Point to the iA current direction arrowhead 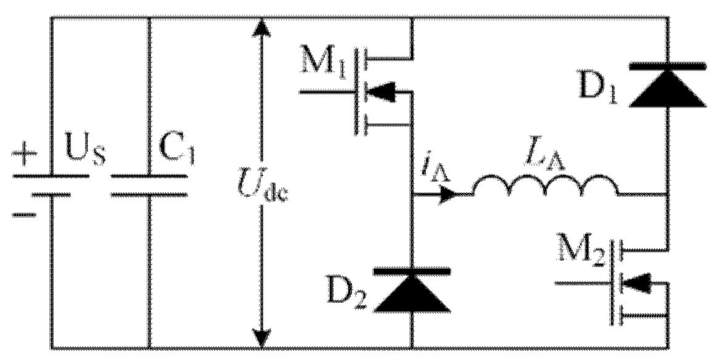click(x=449, y=194)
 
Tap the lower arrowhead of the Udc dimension click(x=262, y=338)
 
